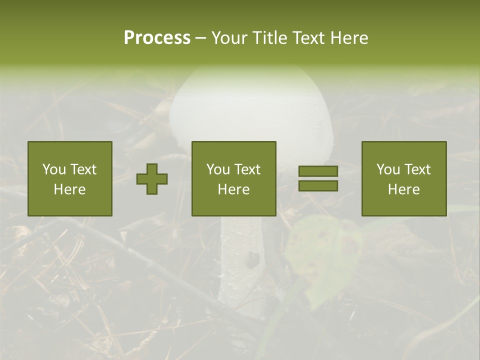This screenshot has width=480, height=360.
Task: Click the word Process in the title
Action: point(157,38)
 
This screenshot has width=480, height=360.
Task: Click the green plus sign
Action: point(152,179)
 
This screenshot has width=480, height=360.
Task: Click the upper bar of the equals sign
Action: point(318,171)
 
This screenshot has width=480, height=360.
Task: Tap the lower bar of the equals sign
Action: point(318,186)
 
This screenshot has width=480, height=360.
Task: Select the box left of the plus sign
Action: point(70,178)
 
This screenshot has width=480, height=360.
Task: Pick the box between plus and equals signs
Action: point(233,178)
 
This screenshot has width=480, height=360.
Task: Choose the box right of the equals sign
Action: point(403,178)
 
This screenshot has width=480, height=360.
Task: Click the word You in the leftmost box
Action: point(53,169)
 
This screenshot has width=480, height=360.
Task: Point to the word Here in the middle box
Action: point(233,189)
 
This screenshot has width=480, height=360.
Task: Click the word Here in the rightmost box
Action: point(403,189)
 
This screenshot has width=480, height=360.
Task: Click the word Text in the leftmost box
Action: point(83,169)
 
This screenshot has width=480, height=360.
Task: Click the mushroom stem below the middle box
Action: point(240,260)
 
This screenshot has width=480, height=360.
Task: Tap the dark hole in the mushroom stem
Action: point(253,258)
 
